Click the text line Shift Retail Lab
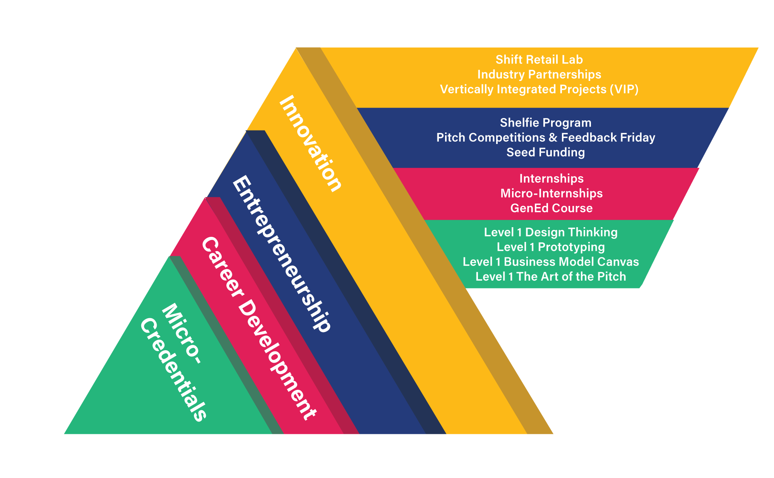[539, 60]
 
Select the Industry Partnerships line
[539, 74]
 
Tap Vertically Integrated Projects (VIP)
[539, 89]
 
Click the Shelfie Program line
[546, 123]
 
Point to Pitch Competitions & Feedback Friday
[546, 137]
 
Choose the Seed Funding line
[546, 152]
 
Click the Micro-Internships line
[551, 193]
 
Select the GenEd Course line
[551, 208]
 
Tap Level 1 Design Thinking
[551, 232]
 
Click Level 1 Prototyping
[551, 247]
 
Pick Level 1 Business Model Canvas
[551, 262]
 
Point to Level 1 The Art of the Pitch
[551, 277]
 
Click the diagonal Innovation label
[310, 144]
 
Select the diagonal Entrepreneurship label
[281, 254]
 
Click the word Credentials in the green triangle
[173, 370]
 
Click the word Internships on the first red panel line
[551, 178]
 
